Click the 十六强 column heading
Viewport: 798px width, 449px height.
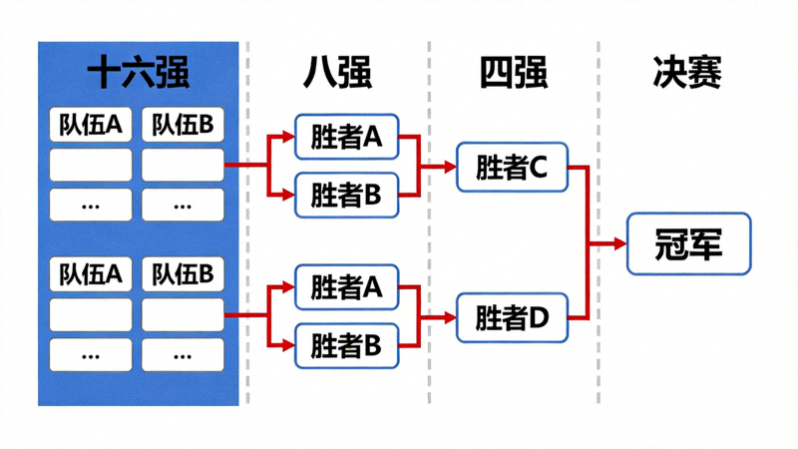[x=138, y=73]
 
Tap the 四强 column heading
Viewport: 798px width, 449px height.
[x=513, y=73]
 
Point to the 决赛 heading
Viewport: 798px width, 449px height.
[x=687, y=73]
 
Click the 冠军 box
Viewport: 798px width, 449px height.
[x=688, y=243]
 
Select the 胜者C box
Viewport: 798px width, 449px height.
[x=512, y=168]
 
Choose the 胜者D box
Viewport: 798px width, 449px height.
[x=512, y=318]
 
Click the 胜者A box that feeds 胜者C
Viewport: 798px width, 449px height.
[x=346, y=138]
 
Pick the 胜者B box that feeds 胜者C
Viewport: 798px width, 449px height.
[x=346, y=195]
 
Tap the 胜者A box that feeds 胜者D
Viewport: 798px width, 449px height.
[x=346, y=288]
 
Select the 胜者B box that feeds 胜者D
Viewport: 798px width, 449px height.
[x=346, y=345]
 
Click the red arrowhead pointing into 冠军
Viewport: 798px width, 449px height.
[x=619, y=243]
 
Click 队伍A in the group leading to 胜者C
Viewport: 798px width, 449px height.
[x=91, y=125]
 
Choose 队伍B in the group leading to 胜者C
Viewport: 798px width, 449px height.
[x=183, y=125]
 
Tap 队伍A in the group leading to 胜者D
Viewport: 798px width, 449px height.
[x=91, y=274]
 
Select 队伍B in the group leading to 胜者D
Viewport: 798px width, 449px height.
[x=183, y=274]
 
